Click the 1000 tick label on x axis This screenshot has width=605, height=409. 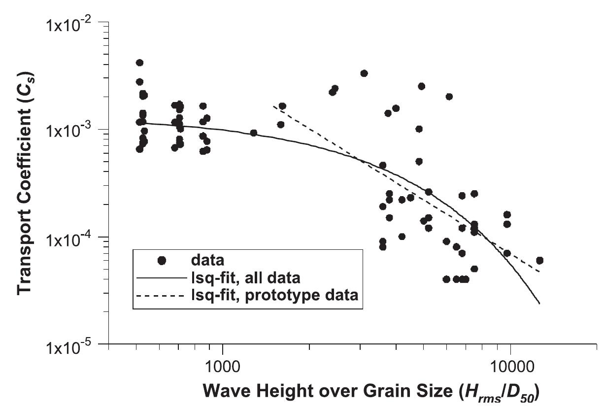(x=222, y=367)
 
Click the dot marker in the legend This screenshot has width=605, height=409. (x=162, y=260)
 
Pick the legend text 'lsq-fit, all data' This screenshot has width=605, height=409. (x=245, y=278)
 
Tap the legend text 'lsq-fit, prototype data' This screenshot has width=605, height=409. (x=274, y=295)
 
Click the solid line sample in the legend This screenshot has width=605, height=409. (x=162, y=278)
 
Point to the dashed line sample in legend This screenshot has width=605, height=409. (x=161, y=296)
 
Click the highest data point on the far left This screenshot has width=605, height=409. (x=139, y=63)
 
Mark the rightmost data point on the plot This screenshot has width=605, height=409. (x=539, y=260)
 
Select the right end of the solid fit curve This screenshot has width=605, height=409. (x=539, y=304)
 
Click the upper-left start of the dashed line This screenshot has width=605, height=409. (x=273, y=106)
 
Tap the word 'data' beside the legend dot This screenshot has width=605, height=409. (x=207, y=260)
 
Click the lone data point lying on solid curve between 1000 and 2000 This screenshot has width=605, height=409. (x=253, y=133)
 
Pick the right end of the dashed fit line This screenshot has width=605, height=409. (x=539, y=272)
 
